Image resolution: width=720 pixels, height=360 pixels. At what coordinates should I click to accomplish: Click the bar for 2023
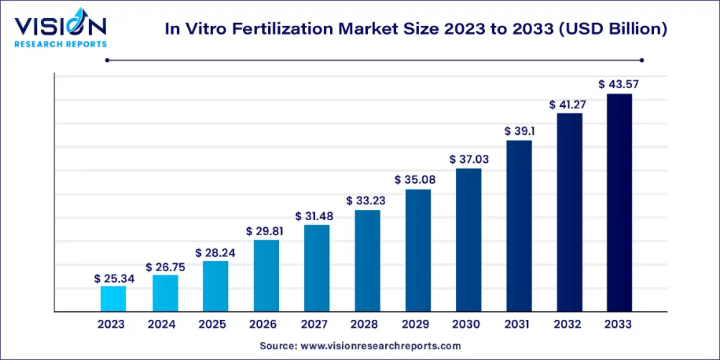coord(113,299)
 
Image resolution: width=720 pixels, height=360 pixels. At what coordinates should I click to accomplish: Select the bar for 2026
coord(266,275)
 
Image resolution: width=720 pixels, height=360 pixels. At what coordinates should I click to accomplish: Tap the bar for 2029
coord(418,250)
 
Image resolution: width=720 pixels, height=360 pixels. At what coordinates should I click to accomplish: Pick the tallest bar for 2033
coord(619,203)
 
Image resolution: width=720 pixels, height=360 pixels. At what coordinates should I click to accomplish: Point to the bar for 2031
coord(519,226)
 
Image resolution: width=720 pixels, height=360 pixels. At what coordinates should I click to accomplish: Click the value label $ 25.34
coord(113,278)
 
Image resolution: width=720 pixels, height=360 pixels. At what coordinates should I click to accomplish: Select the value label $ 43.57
coord(619,85)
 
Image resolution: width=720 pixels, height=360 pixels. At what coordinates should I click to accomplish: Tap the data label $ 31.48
coord(316,216)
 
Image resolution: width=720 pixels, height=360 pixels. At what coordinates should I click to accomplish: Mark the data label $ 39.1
coord(519,131)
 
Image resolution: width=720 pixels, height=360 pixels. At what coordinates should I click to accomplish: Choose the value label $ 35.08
coord(418,179)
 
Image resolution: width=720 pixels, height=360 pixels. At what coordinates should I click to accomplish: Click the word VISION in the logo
coord(60,26)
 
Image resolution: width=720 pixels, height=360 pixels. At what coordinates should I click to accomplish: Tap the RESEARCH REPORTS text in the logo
coord(60,44)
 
